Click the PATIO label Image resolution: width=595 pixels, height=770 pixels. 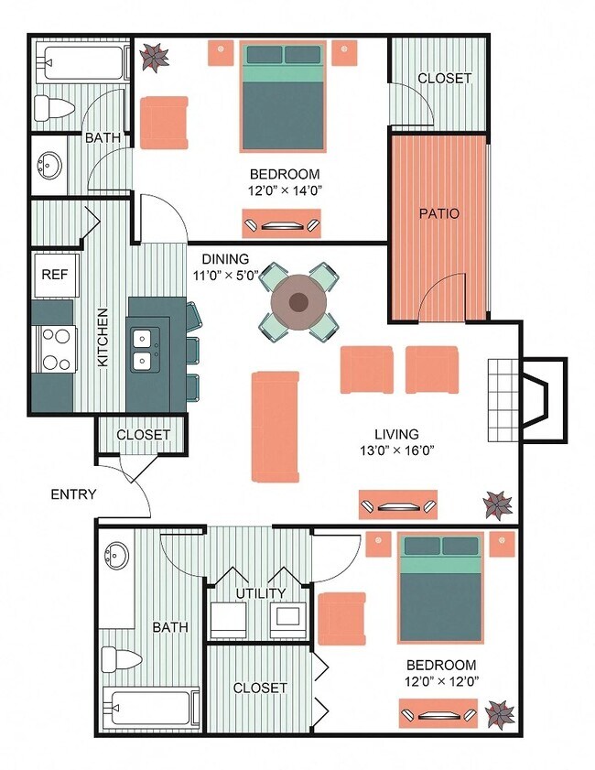438,213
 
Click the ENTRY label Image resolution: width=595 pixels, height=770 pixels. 73,494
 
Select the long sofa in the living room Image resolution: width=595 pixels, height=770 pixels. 276,426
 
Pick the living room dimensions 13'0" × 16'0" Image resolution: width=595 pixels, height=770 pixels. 396,450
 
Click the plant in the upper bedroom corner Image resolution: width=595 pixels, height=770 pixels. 154,57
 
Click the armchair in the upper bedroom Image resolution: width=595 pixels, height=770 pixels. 163,123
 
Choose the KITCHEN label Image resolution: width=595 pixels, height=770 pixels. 103,337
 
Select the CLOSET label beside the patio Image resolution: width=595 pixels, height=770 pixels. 444,78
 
